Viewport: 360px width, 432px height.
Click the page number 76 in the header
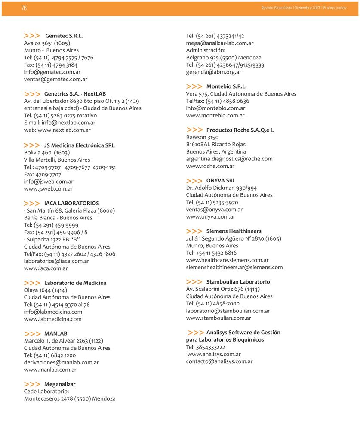pyautogui.click(x=24, y=8)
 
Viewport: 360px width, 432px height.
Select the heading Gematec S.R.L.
pyautogui.click(x=64, y=36)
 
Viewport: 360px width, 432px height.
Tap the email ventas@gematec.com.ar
pyautogui.click(x=55, y=79)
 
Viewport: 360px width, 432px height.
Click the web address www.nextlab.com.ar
pyautogui.click(x=64, y=130)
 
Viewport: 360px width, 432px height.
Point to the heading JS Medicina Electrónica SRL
pyautogui.click(x=79, y=145)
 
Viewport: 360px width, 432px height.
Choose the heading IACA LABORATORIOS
pyautogui.click(x=71, y=203)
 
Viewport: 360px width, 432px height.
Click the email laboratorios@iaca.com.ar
pyautogui.click(x=56, y=261)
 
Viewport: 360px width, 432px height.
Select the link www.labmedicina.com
pyautogui.click(x=53, y=319)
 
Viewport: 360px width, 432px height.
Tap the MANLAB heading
pyautogui.click(x=55, y=333)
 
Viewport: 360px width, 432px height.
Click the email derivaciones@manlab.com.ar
pyautogui.click(x=61, y=362)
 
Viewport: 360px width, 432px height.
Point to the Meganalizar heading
pyautogui.click(x=60, y=384)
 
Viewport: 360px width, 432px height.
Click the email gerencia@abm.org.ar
pyautogui.click(x=213, y=72)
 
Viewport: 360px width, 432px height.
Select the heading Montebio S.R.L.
pyautogui.click(x=226, y=86)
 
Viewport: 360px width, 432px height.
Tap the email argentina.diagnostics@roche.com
pyautogui.click(x=229, y=159)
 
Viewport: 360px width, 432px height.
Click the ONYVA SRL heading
pyautogui.click(x=221, y=181)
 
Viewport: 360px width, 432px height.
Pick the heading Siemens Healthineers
pyautogui.click(x=234, y=231)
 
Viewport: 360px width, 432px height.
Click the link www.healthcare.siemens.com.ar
pyautogui.click(x=227, y=260)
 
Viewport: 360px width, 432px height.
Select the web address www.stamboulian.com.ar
pyautogui.click(x=218, y=318)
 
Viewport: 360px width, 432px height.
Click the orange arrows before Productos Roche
pyautogui.click(x=194, y=130)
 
